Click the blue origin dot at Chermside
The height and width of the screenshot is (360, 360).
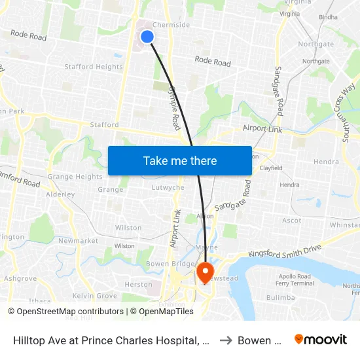tap(147, 37)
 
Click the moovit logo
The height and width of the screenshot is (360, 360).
tap(321, 340)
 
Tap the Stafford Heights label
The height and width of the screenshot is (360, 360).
tap(94, 67)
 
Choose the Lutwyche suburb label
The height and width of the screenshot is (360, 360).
tap(168, 187)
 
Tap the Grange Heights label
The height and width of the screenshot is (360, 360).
tap(75, 177)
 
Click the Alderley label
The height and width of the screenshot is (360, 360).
tap(60, 194)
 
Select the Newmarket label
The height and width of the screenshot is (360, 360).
tap(78, 241)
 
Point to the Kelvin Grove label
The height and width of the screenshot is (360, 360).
tap(94, 296)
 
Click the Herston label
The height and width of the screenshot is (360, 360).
tap(138, 285)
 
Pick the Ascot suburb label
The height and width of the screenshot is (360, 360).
tap(292, 221)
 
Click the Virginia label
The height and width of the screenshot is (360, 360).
tap(294, 13)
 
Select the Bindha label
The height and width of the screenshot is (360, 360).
tap(328, 18)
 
